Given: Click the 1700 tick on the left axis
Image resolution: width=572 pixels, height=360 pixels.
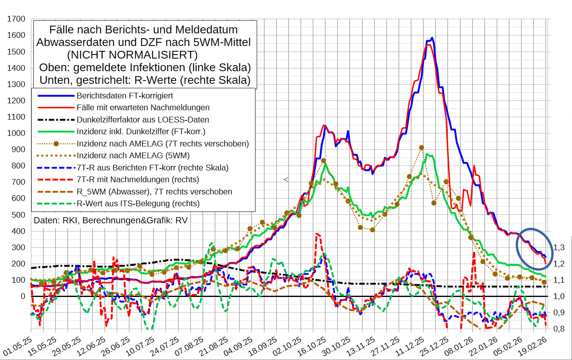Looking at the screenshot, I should (x=16, y=19).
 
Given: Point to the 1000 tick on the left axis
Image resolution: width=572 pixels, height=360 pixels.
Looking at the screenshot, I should (x=16, y=133).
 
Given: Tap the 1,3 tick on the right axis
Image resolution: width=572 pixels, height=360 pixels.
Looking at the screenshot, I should (x=559, y=247).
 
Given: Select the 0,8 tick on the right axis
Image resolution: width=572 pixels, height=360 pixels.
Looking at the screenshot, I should (x=559, y=329).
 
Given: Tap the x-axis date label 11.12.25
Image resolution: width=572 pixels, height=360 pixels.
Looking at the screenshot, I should (x=410, y=346).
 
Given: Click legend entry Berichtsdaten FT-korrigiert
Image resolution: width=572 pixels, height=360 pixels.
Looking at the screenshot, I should (x=124, y=96).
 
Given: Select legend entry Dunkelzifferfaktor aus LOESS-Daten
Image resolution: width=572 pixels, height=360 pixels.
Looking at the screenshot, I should (x=142, y=120).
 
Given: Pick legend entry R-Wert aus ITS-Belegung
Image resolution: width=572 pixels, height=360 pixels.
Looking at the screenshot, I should (x=138, y=203).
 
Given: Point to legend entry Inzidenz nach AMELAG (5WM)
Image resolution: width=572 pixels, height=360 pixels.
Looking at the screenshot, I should (x=133, y=155).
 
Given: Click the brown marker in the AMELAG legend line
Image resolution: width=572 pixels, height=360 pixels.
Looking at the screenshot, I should (x=57, y=144).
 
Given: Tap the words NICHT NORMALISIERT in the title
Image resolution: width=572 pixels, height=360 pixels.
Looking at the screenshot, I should (x=132, y=55).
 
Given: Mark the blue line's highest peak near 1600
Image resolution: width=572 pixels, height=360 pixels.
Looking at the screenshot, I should (x=432, y=38).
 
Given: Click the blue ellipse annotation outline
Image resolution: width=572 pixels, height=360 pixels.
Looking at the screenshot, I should (x=517, y=244).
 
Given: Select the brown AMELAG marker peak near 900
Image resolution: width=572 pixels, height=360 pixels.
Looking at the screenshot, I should (x=421, y=148).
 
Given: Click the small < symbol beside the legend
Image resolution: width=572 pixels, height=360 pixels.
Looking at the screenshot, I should (x=286, y=179).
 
